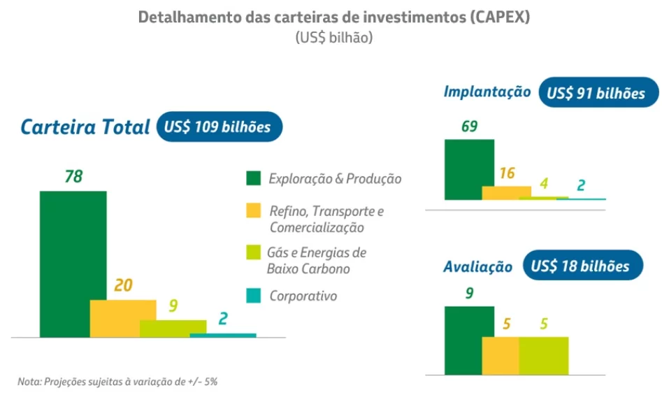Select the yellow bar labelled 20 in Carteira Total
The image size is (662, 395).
pyautogui.click(x=123, y=318)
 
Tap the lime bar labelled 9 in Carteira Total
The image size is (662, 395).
pyautogui.click(x=173, y=326)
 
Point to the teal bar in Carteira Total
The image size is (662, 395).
pyautogui.click(x=223, y=335)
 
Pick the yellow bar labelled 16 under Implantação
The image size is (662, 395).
pyautogui.click(x=507, y=192)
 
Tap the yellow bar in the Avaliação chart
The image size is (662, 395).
pyautogui.click(x=501, y=355)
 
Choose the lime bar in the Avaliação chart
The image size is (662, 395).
pyautogui.click(x=543, y=355)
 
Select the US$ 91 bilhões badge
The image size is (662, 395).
pyautogui.click(x=598, y=92)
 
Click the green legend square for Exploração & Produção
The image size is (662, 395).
pyautogui.click(x=253, y=178)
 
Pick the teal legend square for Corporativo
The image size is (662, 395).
pyautogui.click(x=253, y=296)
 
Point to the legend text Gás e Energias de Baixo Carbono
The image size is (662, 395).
pyautogui.click(x=316, y=260)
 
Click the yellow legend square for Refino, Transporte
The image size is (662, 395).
pyautogui.click(x=253, y=211)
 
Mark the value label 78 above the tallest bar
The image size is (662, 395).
pyautogui.click(x=73, y=176)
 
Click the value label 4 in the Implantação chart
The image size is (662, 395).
pyautogui.click(x=542, y=185)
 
